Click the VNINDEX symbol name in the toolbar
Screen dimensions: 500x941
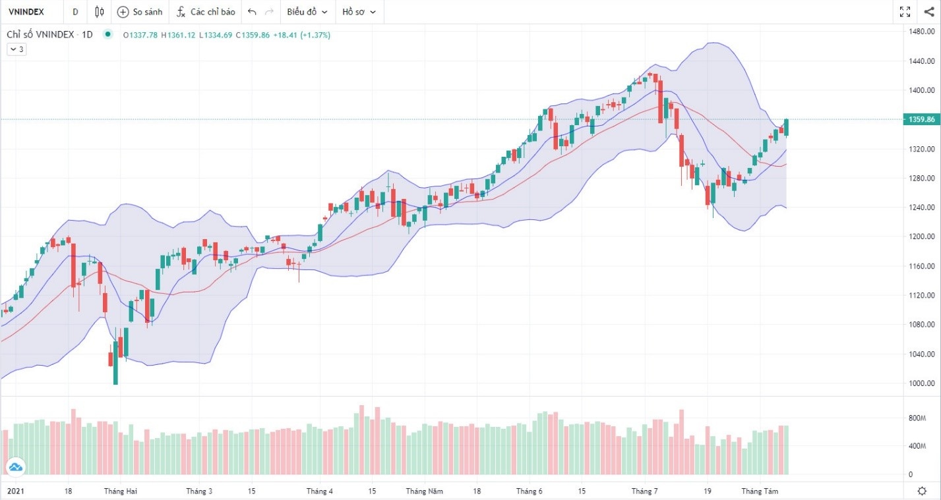coord(26,12)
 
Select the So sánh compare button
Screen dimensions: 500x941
coord(139,12)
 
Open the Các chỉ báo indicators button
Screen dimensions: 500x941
coord(206,12)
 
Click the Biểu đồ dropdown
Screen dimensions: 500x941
coord(307,12)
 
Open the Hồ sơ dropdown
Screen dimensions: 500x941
coord(359,12)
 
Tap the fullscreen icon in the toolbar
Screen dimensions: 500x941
coord(905,12)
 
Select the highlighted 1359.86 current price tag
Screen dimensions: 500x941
coord(921,119)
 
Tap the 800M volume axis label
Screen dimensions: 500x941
coord(917,418)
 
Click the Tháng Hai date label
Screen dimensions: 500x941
coord(121,491)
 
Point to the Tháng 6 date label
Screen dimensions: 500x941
coord(529,491)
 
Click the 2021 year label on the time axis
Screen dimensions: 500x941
coord(16,491)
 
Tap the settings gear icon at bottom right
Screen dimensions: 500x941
coord(922,491)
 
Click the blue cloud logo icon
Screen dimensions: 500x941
coord(15,468)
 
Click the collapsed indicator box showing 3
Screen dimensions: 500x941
coord(16,49)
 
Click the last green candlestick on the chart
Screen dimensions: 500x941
coord(786,127)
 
